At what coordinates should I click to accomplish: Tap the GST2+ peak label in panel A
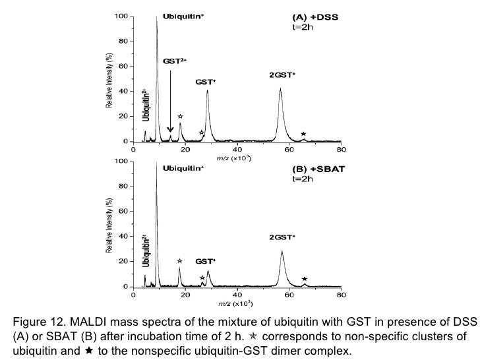[x=175, y=61]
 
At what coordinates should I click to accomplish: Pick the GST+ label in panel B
[x=206, y=261]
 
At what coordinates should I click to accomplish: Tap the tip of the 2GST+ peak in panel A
[x=280, y=89]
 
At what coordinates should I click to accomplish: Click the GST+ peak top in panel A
[x=207, y=90]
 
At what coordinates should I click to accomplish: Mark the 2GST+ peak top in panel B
[x=282, y=252]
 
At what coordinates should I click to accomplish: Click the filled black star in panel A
[x=303, y=134]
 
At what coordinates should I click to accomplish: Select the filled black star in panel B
[x=304, y=279]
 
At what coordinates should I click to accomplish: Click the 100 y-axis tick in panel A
[x=122, y=16]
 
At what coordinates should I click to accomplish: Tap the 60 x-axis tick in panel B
[x=289, y=295]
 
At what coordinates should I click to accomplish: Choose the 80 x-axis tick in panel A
[x=341, y=150]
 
